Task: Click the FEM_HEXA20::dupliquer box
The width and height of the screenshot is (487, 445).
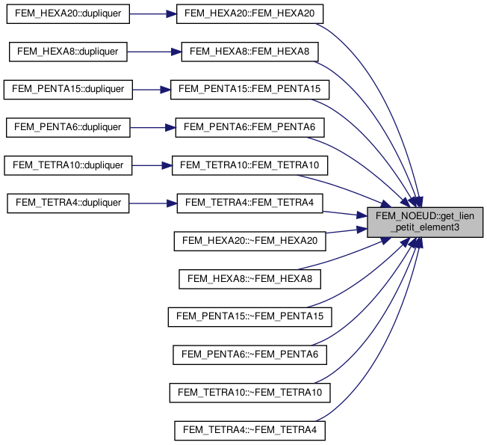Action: pos(68,13)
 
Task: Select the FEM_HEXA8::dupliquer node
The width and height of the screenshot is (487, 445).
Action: pos(68,52)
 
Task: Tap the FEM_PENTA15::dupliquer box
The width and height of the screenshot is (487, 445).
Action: pos(68,89)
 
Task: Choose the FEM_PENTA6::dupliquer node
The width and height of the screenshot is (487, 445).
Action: pos(68,127)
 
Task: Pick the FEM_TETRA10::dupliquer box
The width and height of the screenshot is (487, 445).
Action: pos(68,165)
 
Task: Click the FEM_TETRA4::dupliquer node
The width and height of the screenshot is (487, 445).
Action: pos(68,203)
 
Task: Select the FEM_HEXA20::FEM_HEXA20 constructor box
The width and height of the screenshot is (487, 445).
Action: pos(250,13)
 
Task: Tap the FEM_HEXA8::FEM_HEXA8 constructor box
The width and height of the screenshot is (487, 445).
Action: pos(250,52)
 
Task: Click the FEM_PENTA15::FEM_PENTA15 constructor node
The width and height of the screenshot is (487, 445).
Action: pos(250,89)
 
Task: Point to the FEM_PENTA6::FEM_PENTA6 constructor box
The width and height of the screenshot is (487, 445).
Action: pos(250,127)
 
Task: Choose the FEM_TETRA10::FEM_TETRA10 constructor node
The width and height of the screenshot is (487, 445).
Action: pos(250,165)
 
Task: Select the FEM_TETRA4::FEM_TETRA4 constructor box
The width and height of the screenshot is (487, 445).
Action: pos(250,203)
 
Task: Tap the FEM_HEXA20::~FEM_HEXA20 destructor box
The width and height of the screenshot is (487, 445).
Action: pos(250,241)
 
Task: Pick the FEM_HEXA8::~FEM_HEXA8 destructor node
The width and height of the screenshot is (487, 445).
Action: pos(250,279)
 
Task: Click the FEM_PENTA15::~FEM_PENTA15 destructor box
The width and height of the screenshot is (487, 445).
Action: pos(250,316)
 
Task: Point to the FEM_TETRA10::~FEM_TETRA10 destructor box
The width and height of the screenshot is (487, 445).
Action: pos(250,392)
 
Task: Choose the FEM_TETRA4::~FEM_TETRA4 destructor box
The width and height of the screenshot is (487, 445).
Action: pos(250,430)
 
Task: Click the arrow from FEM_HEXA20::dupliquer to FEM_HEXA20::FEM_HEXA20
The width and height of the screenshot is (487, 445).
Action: pos(153,13)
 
